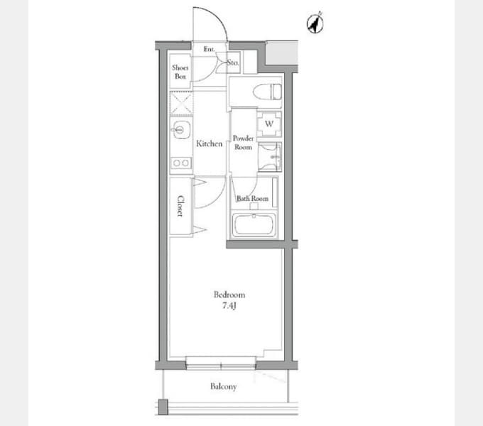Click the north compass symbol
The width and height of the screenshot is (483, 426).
tap(315, 23)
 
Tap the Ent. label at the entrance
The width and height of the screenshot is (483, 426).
tap(209, 49)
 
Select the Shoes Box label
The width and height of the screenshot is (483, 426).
tap(180, 72)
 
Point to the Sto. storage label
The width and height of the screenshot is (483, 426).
tap(233, 62)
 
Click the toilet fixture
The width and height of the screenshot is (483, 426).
tap(267, 92)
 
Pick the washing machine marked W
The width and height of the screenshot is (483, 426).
tap(269, 124)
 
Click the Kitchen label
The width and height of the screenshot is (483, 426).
tap(209, 143)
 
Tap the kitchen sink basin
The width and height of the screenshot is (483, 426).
tap(181, 130)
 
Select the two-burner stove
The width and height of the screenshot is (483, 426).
tap(181, 163)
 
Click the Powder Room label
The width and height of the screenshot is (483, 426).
tap(244, 143)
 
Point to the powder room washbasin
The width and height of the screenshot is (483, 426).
tap(270, 157)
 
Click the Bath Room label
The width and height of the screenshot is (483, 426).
tap(252, 199)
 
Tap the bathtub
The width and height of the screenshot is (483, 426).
tap(254, 225)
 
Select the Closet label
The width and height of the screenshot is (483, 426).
tap(180, 206)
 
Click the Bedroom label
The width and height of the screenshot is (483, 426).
tap(229, 295)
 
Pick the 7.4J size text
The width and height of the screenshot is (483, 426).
tap(229, 305)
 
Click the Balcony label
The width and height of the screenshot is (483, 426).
tap(223, 386)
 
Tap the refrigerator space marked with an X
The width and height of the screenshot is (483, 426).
tap(181, 104)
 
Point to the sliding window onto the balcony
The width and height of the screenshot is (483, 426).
tap(221, 363)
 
